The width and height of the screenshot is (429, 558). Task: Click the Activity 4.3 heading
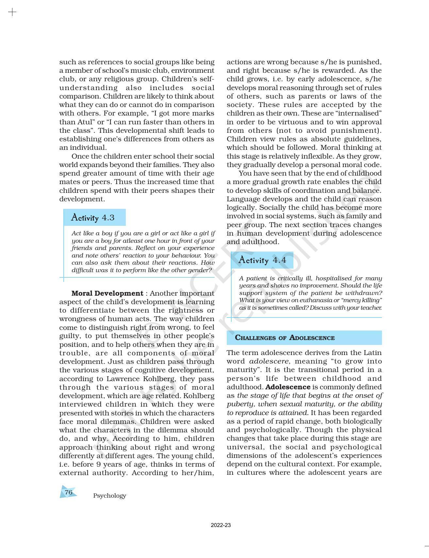pyautogui.click(x=93, y=218)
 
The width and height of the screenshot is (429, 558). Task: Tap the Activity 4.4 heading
pyautogui.click(x=262, y=260)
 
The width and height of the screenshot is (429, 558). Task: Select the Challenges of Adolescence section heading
pyautogui.click(x=285, y=338)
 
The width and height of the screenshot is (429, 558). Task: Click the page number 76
pyautogui.click(x=68, y=492)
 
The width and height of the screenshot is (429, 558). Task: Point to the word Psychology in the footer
pyautogui.click(x=109, y=496)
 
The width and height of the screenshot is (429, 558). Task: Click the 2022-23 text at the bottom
pyautogui.click(x=221, y=525)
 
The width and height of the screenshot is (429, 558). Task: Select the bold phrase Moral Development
pyautogui.click(x=107, y=293)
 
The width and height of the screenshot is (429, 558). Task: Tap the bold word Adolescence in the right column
pyautogui.click(x=288, y=387)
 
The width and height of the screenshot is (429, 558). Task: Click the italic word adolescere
pyautogui.click(x=269, y=361)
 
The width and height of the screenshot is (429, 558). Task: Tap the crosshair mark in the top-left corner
pyautogui.click(x=12, y=12)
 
